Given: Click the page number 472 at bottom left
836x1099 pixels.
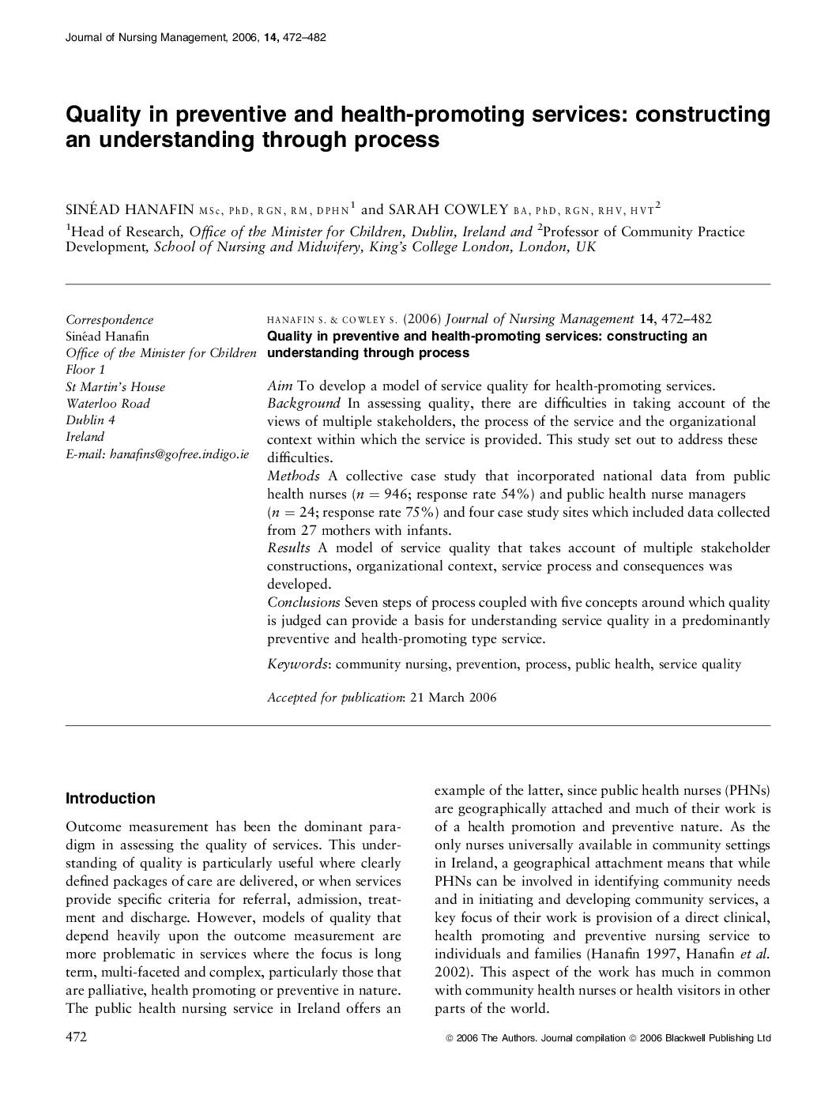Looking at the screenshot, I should tap(76, 1037).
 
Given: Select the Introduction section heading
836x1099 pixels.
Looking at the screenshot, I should tap(111, 798).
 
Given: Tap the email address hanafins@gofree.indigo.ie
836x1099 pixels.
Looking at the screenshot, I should tap(179, 454).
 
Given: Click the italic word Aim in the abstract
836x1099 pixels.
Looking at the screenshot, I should tap(280, 386).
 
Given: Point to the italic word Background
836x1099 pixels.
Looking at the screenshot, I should tap(303, 404).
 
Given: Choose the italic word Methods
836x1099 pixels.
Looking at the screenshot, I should tap(293, 476).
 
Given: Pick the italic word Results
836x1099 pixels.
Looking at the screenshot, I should tap(288, 548).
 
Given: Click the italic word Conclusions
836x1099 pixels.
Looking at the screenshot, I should tap(303, 602).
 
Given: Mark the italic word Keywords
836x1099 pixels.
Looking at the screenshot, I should tap(297, 664).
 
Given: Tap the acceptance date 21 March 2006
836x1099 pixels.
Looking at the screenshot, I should tap(454, 697).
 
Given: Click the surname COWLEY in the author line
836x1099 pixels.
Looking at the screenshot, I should tap(471, 209).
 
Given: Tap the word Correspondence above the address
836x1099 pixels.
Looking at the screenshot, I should tap(109, 320).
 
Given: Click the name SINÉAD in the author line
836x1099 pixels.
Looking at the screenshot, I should tap(92, 209).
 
